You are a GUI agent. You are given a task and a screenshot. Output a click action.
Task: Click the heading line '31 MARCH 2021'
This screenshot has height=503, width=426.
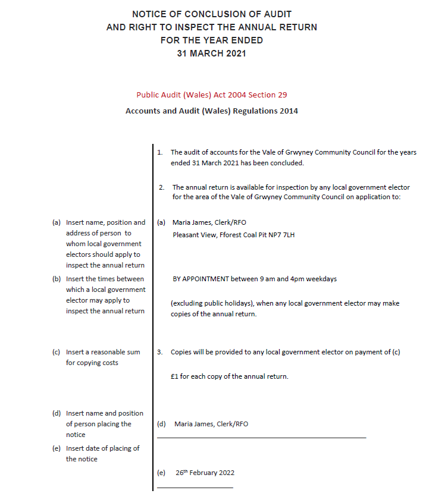click(x=211, y=54)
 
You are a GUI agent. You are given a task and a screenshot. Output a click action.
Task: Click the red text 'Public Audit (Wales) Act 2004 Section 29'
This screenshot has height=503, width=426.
click(x=212, y=95)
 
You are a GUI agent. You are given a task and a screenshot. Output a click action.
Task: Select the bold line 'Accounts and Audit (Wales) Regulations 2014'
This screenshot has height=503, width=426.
click(x=212, y=111)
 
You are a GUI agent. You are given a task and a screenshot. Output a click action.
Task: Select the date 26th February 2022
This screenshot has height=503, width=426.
click(x=205, y=473)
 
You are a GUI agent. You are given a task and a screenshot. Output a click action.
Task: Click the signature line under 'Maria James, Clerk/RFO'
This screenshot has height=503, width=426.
click(x=261, y=438)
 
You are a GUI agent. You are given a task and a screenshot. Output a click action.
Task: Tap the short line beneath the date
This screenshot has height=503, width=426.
click(x=195, y=488)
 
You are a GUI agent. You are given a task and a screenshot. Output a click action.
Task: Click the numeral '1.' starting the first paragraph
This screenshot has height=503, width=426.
click(x=160, y=152)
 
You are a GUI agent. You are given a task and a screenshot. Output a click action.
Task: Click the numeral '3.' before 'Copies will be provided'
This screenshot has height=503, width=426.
click(x=160, y=352)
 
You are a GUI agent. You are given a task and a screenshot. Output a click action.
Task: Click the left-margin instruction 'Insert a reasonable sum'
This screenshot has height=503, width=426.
click(x=103, y=352)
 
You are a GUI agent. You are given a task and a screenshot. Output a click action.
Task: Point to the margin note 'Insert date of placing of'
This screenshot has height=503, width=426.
click(x=102, y=448)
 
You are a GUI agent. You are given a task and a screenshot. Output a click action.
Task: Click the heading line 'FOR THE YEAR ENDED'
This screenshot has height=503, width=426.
click(x=211, y=40)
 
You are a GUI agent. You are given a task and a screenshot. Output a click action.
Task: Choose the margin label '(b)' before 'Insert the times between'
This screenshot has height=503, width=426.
click(x=57, y=279)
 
